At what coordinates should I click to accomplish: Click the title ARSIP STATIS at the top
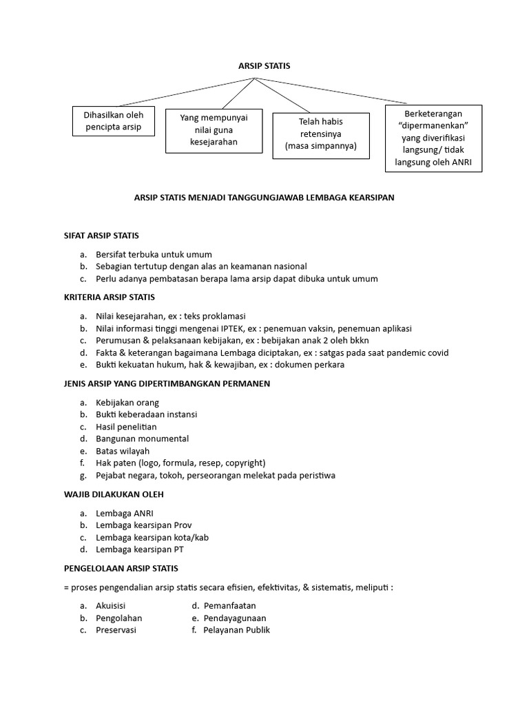[264, 66]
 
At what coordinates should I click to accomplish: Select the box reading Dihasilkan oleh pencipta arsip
[114, 121]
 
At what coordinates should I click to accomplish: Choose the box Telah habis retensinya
[320, 134]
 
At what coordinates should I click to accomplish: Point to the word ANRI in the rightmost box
[467, 163]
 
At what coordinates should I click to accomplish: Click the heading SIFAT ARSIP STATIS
[101, 235]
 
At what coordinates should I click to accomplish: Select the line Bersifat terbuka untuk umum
[154, 254]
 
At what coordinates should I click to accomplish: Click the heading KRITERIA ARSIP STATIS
[110, 297]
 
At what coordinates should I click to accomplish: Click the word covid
[437, 352]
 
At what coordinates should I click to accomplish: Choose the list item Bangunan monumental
[142, 439]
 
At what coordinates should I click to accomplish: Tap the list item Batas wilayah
[123, 451]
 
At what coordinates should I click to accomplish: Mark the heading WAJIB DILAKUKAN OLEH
[114, 494]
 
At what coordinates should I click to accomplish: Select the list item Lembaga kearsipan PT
[139, 549]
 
